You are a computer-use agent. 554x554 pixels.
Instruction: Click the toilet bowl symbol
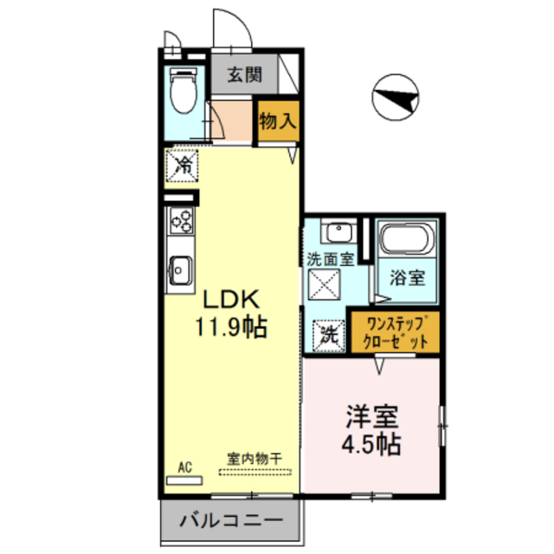click(184, 90)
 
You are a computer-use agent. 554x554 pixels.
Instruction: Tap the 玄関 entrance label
click(244, 74)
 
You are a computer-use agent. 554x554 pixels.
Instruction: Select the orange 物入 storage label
click(278, 121)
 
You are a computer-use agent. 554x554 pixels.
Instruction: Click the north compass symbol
click(396, 97)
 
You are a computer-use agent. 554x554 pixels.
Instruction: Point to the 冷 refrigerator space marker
click(183, 165)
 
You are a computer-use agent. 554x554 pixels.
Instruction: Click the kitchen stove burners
click(182, 221)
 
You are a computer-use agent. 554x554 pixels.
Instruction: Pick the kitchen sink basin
click(181, 270)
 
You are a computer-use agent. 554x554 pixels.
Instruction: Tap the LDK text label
click(231, 300)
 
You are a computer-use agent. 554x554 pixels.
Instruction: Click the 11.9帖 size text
click(231, 327)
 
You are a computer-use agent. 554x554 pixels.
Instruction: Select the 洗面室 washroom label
click(331, 260)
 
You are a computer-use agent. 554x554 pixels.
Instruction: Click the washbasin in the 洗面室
click(338, 231)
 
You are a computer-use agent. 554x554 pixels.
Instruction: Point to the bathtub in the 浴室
click(407, 238)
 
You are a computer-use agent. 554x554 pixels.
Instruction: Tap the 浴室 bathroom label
click(408, 277)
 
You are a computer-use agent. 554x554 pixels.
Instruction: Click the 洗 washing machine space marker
click(329, 336)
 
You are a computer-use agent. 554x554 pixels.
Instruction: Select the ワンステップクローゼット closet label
click(396, 332)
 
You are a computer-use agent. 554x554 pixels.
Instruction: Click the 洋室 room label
click(371, 416)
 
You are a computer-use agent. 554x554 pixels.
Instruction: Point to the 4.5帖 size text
click(371, 444)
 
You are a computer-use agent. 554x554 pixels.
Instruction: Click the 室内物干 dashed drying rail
click(255, 472)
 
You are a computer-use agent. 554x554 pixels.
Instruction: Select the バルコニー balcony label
click(231, 520)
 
